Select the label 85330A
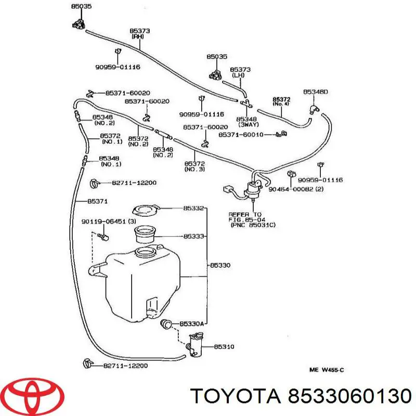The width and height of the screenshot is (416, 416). (191, 323)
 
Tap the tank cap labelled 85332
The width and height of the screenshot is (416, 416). (145, 211)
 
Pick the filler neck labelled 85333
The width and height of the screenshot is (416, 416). (146, 235)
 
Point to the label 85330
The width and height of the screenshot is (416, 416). (220, 265)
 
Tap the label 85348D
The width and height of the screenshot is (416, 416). (316, 92)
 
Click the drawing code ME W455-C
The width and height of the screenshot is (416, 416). (328, 370)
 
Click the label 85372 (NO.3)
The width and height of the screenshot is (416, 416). (194, 166)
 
